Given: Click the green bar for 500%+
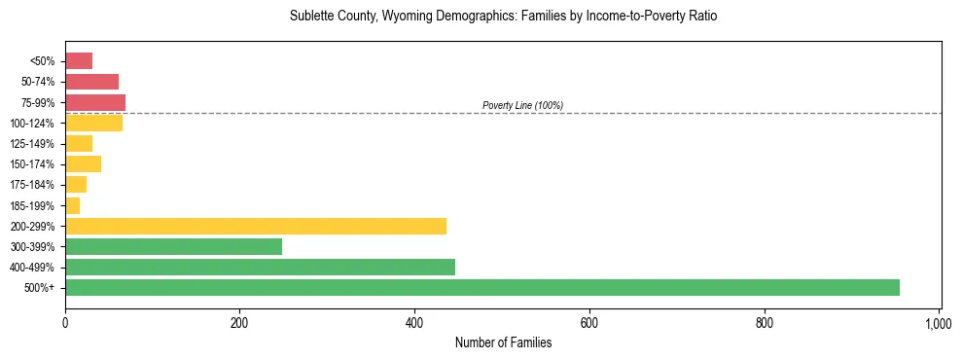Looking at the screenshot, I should point(482,288).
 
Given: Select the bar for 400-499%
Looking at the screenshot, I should point(260,268).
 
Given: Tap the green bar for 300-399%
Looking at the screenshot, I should point(173,246).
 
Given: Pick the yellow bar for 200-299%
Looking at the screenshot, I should point(256,226).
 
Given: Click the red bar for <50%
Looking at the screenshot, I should point(79,61).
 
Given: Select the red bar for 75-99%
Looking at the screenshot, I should point(95,102).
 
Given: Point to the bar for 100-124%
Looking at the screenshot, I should point(93,124).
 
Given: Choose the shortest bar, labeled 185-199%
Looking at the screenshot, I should point(73,205).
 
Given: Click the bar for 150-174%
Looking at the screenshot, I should point(83,164).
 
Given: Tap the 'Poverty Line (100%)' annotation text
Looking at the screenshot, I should point(522,105).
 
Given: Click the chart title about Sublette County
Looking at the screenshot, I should point(503,17).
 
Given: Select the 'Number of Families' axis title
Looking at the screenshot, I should point(503,342).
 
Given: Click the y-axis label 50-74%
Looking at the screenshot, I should point(38,82).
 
